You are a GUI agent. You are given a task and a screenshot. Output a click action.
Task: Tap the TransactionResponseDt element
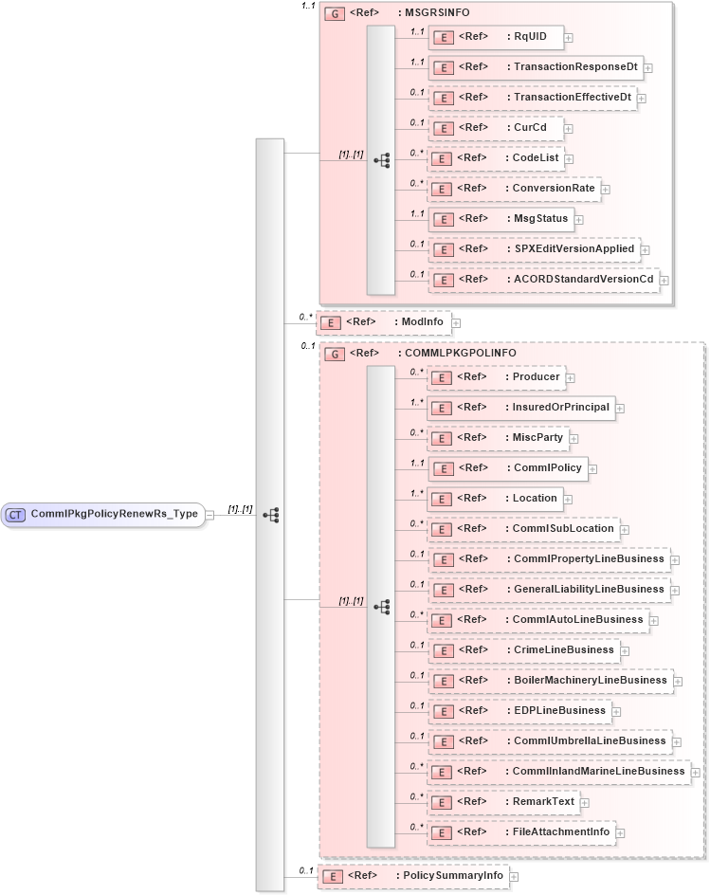536,67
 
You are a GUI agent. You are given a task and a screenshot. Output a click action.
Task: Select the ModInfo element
383,322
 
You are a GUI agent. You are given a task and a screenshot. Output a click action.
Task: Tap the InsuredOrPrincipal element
520,408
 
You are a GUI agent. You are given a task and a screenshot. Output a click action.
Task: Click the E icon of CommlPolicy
442,468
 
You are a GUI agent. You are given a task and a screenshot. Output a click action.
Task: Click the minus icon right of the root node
209,515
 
